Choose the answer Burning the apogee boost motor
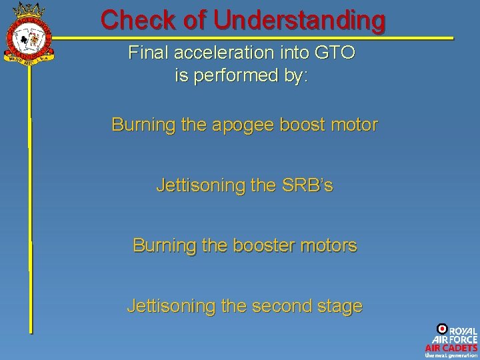point(245,125)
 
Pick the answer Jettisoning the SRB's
point(245,185)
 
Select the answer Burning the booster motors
point(245,245)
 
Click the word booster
point(267,245)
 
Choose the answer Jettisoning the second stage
point(245,306)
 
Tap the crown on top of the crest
point(28,10)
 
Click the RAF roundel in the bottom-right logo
point(441,329)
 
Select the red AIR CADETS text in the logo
point(451,347)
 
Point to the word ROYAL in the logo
point(463,331)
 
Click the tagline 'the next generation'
point(451,355)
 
